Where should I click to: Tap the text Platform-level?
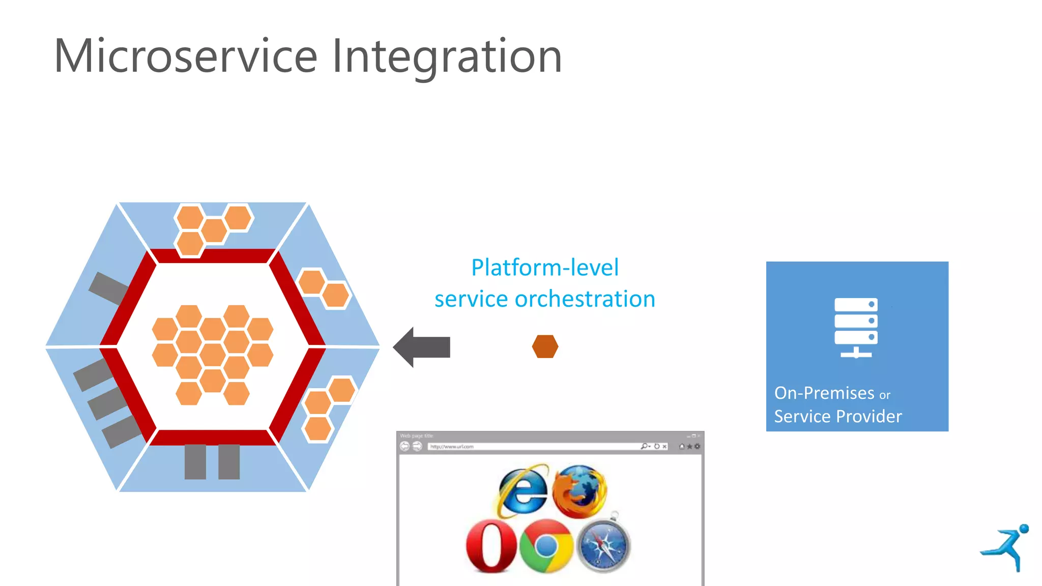(545, 268)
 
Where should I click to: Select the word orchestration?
(585, 299)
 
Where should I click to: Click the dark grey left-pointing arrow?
(422, 347)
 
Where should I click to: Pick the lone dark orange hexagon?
(545, 346)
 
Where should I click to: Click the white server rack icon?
(856, 327)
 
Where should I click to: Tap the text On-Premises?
(824, 393)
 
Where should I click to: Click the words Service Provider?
(837, 417)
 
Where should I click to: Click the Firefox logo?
(579, 490)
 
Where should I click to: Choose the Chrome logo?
(546, 546)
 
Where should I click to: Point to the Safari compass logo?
(603, 546)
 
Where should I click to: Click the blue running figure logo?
(1006, 547)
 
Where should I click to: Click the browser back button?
(404, 447)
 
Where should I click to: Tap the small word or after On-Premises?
(885, 395)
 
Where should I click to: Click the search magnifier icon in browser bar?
(645, 447)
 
